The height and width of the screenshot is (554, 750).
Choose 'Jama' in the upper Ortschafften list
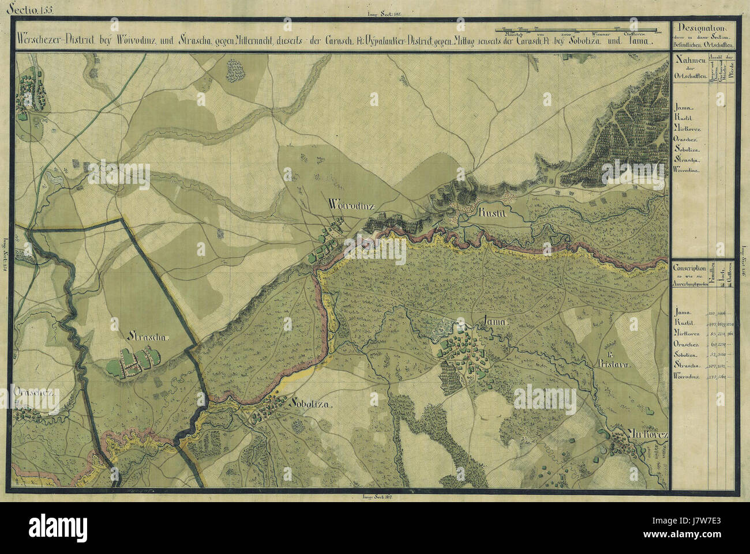[684, 108]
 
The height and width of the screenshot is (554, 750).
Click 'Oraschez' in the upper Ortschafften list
[687, 139]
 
